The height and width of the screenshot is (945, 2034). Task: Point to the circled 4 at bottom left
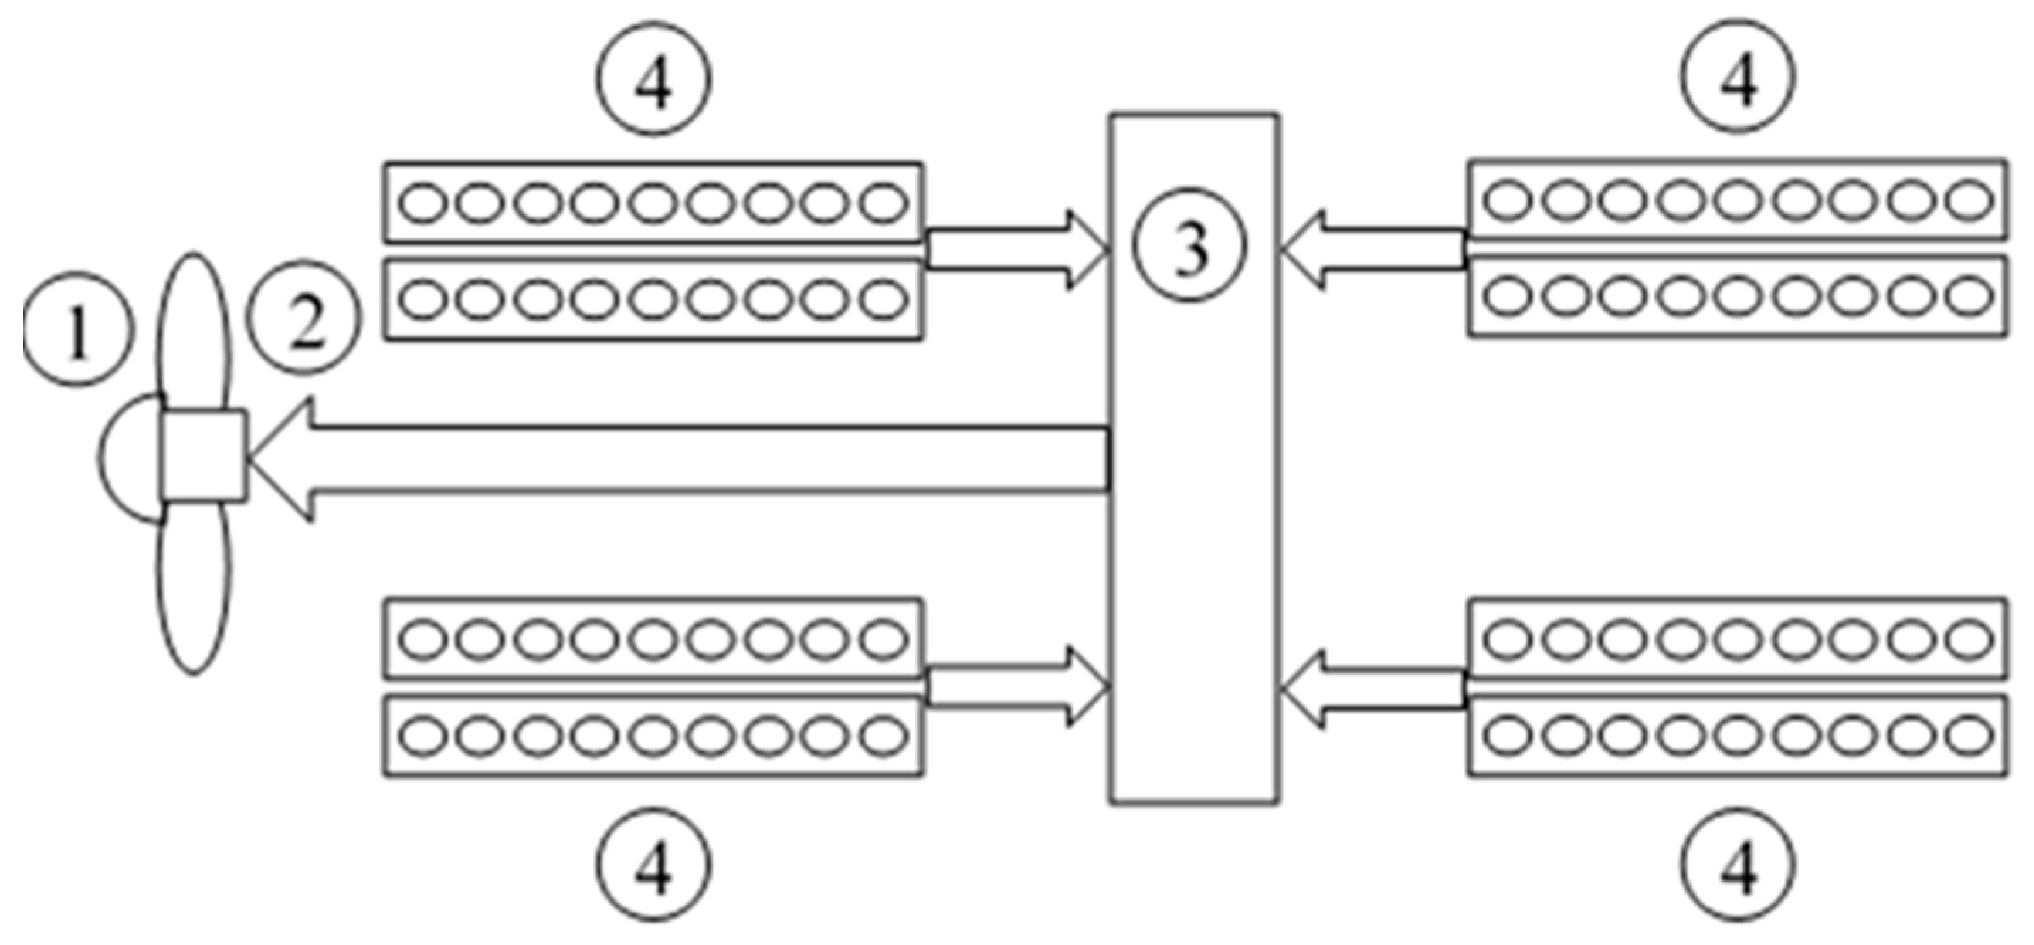point(654,863)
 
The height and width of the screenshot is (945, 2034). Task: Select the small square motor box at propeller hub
point(203,456)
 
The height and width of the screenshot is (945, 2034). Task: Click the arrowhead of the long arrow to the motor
point(284,459)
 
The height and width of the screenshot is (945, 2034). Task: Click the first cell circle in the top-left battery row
point(423,203)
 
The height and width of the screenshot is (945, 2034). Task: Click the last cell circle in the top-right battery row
point(1969,200)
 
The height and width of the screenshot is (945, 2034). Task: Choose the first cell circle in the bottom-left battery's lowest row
point(423,736)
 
